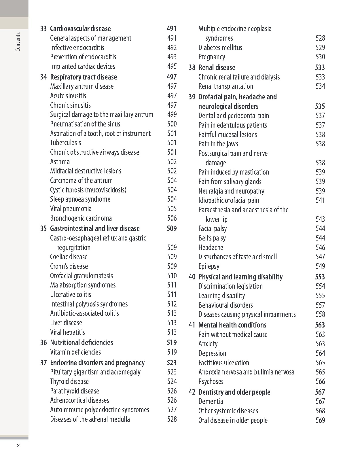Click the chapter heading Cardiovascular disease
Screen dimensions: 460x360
(x=80, y=29)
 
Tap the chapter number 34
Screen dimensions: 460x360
(x=43, y=77)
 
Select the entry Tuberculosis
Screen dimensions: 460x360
(x=65, y=143)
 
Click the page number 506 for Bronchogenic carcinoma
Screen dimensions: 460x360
(x=172, y=218)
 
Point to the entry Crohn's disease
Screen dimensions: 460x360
(x=69, y=266)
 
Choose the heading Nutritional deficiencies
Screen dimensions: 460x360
(x=82, y=342)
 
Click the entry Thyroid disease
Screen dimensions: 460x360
(x=69, y=381)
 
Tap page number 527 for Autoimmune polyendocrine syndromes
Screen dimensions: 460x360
(x=172, y=410)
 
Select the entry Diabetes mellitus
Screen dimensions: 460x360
(x=220, y=48)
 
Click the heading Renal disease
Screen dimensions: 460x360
(x=217, y=67)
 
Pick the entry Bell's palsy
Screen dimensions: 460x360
(x=212, y=238)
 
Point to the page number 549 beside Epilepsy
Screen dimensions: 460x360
(x=320, y=266)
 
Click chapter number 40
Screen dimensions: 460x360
(x=192, y=277)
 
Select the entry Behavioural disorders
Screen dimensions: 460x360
(x=226, y=305)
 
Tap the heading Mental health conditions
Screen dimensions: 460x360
(x=232, y=325)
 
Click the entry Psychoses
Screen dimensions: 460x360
(x=211, y=381)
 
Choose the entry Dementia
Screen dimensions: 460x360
(x=211, y=401)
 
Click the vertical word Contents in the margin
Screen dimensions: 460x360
(x=18, y=42)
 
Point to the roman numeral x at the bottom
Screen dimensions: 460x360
(x=18, y=445)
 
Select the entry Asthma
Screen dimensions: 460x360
(x=60, y=162)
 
